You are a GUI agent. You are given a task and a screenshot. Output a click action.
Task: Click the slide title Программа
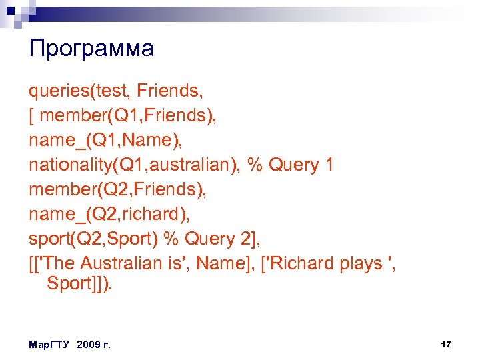(x=91, y=49)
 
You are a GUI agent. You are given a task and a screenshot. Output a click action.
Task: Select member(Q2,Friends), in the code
(x=117, y=189)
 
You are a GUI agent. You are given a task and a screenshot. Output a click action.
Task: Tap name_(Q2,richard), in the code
(x=107, y=214)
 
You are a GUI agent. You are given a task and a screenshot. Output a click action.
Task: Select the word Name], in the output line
(x=220, y=263)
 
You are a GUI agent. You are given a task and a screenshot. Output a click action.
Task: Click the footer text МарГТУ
(x=51, y=345)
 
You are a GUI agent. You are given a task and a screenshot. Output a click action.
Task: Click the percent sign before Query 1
(x=255, y=165)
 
